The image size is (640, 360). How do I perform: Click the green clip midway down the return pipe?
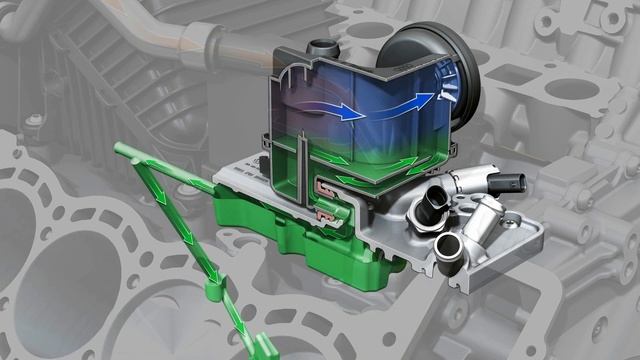[210, 293]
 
